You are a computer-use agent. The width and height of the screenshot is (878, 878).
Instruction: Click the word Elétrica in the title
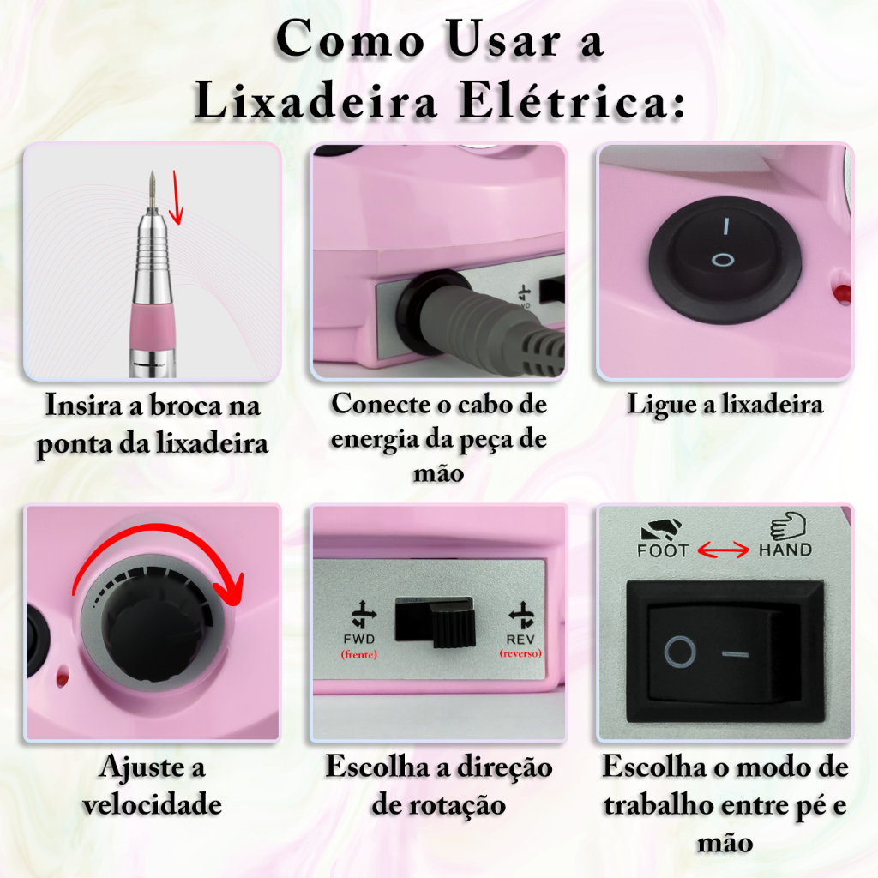click(572, 102)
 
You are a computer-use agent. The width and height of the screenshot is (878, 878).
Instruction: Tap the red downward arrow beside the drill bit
click(177, 197)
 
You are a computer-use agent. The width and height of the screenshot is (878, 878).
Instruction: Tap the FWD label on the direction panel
click(359, 639)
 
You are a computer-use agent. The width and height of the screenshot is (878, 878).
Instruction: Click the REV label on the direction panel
click(520, 640)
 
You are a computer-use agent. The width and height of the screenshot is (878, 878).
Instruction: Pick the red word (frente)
click(359, 654)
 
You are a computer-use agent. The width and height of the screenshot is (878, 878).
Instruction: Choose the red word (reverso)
click(520, 653)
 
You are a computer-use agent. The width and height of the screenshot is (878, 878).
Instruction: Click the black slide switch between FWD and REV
click(435, 622)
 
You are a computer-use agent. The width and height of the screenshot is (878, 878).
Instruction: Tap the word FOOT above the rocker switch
click(663, 551)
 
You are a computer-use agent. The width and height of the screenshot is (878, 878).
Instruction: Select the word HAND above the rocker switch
click(785, 550)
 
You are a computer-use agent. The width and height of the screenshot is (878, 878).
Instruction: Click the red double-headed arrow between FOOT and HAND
click(724, 550)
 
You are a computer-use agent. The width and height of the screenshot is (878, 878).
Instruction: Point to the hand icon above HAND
click(787, 526)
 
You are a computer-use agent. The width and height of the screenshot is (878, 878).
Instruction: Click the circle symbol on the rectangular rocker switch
click(680, 652)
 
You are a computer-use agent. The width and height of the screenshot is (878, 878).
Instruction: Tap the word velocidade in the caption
click(153, 804)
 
